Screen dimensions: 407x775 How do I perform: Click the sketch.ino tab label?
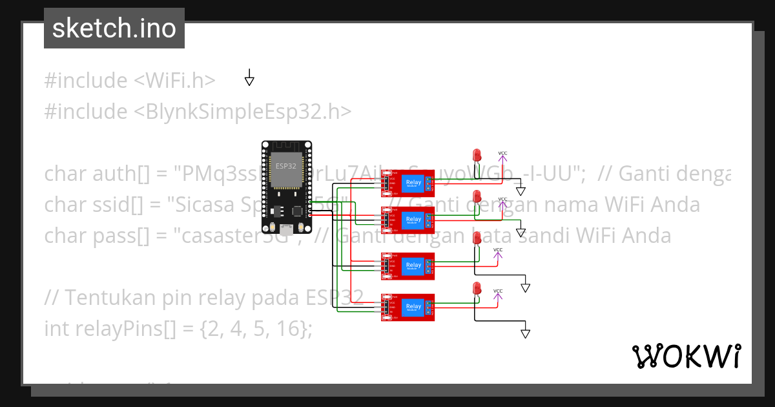[x=114, y=28]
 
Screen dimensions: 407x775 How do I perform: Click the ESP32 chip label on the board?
[x=285, y=166]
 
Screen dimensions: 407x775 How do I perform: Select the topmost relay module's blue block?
[x=413, y=184]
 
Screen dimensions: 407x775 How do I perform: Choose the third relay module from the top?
[x=408, y=266]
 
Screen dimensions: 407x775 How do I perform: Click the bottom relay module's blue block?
[x=413, y=307]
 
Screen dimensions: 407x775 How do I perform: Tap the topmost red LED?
[x=477, y=154]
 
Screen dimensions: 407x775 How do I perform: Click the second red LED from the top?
[x=477, y=196]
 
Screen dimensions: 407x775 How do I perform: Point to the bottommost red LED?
[x=477, y=288]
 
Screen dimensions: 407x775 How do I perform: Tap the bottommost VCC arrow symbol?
[x=497, y=297]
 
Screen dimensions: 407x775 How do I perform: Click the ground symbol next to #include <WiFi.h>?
[x=249, y=79]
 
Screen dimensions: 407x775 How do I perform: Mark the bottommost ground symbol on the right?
[x=525, y=333]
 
